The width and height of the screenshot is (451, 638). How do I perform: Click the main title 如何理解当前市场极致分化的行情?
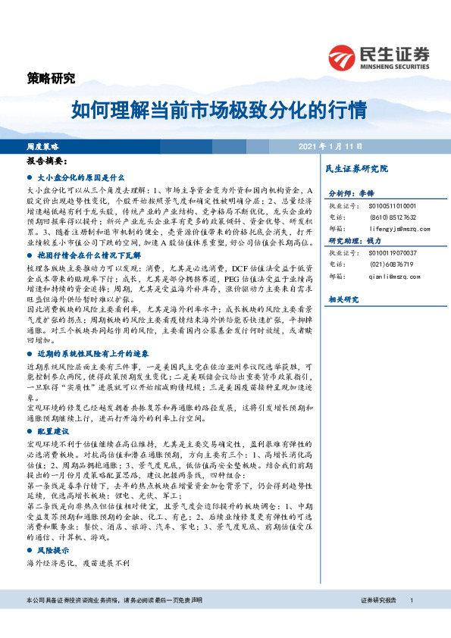click(x=219, y=111)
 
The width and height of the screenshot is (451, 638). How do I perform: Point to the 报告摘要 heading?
click(x=47, y=161)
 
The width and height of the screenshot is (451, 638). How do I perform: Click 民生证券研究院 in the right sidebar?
click(x=355, y=168)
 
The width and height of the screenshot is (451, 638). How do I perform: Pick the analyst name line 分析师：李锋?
click(x=352, y=193)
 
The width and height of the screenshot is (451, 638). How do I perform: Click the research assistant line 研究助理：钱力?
click(x=355, y=240)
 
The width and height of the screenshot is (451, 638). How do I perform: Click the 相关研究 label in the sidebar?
click(x=343, y=299)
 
